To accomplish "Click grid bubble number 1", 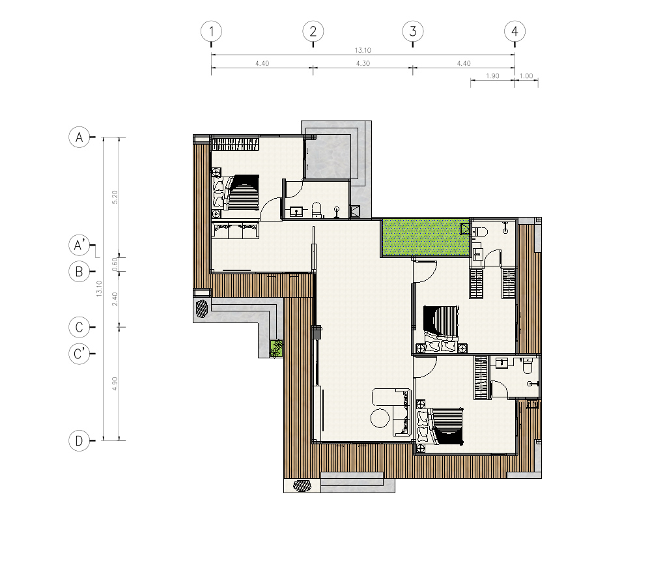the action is coord(212,31).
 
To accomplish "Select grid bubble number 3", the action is coord(413,31).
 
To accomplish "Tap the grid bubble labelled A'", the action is coord(79,245).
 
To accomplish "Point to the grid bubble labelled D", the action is coord(79,440).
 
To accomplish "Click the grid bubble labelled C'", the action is coord(79,354).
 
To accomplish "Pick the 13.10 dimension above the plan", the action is coord(363,50).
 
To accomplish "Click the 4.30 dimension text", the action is coord(363,63).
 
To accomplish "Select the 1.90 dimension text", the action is coord(492,76).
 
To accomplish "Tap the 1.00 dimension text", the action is coord(526,76).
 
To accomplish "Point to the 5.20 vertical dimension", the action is coord(115,197).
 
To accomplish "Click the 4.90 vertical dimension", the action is coord(115,384).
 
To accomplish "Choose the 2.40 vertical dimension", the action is coord(115,299).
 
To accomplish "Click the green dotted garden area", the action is coord(426,238).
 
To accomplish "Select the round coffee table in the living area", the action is coord(380,418).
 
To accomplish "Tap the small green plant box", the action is coord(277,348).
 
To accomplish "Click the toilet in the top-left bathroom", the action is coord(317,210).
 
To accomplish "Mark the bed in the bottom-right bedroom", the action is coord(440,426).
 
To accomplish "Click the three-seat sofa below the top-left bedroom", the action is coord(236,230).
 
